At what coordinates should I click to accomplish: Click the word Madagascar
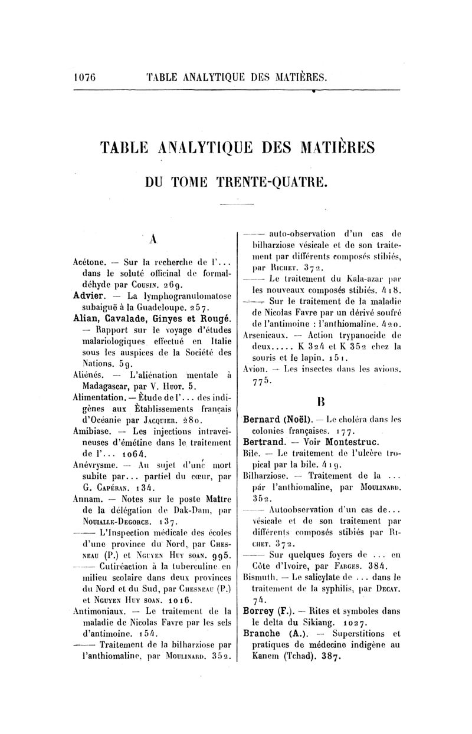click(x=103, y=387)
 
